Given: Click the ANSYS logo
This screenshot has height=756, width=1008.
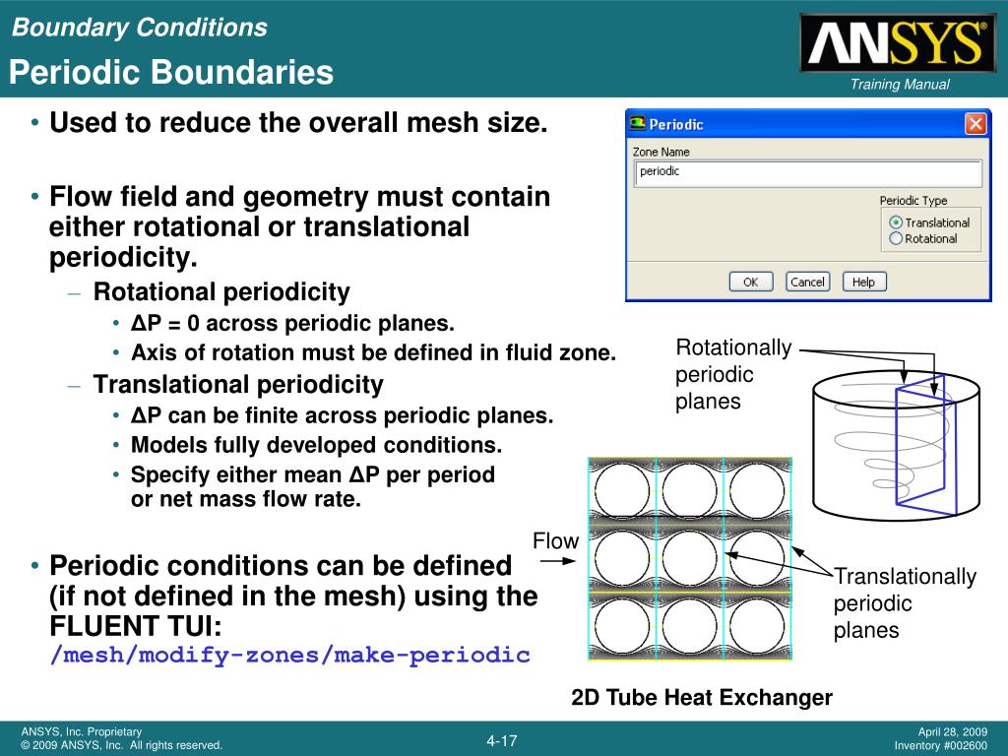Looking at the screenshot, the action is tap(899, 42).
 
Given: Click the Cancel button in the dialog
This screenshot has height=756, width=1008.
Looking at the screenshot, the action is tap(807, 282).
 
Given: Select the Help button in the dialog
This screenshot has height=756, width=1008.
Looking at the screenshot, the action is tap(864, 282).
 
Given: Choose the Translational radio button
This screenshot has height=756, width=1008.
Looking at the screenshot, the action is tap(896, 222).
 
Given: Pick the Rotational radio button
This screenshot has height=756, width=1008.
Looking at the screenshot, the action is tap(896, 238).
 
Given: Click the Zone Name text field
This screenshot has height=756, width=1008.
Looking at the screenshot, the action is tap(808, 173).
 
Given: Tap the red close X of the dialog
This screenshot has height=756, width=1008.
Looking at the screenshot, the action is tap(976, 123).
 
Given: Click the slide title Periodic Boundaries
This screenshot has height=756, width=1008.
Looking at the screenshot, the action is tap(171, 72).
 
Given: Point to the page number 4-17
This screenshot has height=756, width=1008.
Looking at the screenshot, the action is tap(501, 740).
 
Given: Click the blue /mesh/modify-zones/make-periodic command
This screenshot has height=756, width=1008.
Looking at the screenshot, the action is tap(290, 655).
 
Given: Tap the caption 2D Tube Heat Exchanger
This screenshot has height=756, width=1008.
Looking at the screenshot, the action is tap(701, 698).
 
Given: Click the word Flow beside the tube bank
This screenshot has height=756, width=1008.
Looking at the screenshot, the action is tap(555, 540).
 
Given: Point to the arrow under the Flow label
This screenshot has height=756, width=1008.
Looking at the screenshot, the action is tap(557, 560).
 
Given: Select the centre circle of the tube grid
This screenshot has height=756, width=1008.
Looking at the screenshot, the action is tap(689, 558).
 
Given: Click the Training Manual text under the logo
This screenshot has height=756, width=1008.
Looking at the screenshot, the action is tap(900, 85).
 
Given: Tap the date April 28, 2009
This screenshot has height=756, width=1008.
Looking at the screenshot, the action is tap(952, 731).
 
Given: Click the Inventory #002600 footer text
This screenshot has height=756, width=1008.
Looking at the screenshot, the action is tap(940, 746).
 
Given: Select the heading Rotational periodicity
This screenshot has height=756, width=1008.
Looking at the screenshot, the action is tap(221, 291).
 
